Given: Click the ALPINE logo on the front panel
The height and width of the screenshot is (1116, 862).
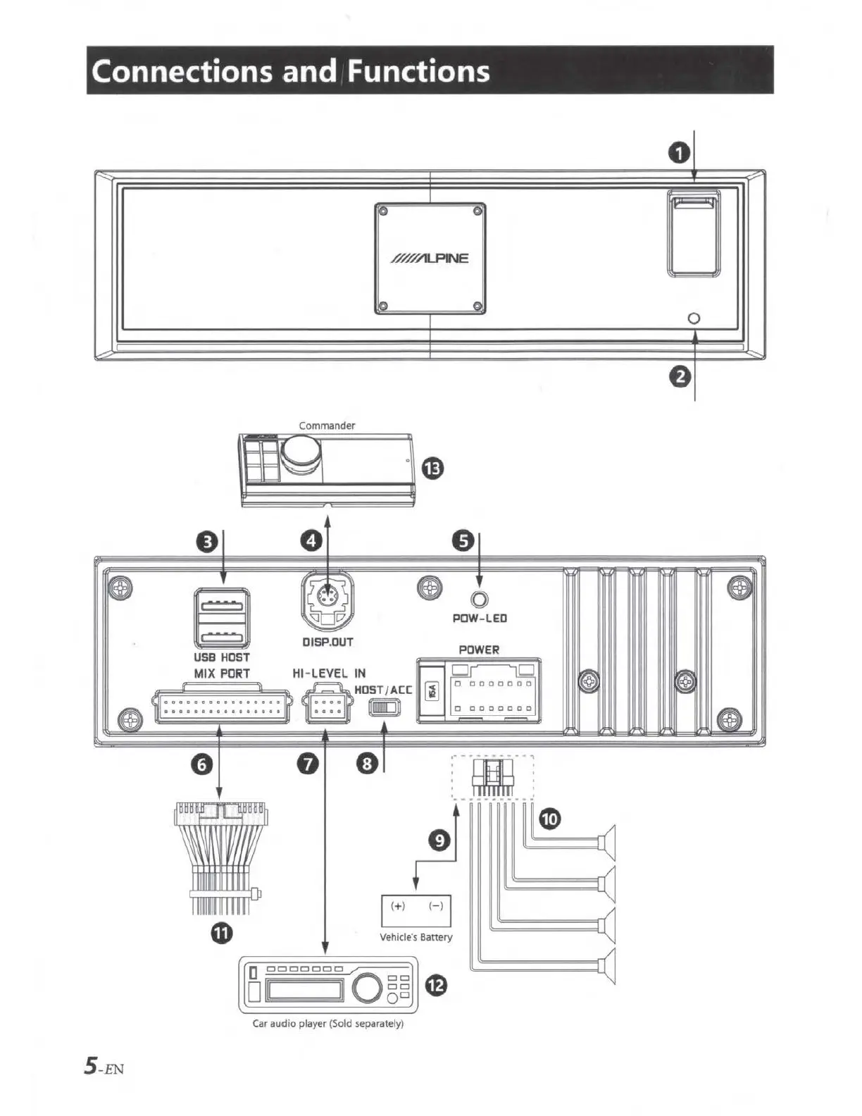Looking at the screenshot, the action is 430,258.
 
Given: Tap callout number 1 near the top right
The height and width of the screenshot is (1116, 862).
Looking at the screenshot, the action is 678,153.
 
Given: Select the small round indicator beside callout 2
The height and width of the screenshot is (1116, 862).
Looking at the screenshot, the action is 694,318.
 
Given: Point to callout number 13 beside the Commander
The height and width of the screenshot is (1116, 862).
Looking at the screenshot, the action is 432,468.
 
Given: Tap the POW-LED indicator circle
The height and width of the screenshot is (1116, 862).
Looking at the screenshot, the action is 479,600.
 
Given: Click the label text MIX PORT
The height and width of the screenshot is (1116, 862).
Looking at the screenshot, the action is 222,674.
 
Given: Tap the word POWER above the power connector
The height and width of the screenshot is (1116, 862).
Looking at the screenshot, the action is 479,650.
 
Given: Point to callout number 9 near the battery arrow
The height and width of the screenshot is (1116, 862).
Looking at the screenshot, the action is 439,841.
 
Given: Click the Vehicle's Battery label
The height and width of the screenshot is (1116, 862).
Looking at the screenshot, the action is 416,937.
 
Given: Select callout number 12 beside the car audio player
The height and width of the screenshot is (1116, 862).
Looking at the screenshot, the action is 436,985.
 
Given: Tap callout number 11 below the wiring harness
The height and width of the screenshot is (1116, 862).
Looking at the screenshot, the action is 222,934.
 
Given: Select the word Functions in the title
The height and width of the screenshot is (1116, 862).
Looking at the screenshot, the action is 418,71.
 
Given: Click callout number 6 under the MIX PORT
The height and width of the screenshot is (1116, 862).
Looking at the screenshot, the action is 202,764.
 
